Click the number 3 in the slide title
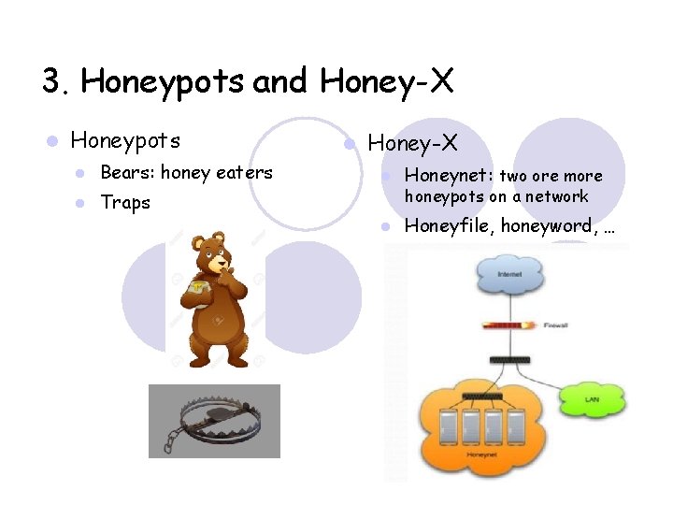pyautogui.click(x=51, y=82)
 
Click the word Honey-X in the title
pyautogui.click(x=386, y=82)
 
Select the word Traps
pyautogui.click(x=125, y=203)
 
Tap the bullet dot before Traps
pyautogui.click(x=81, y=203)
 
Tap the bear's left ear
pyautogui.click(x=197, y=242)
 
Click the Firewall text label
pyautogui.click(x=558, y=325)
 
